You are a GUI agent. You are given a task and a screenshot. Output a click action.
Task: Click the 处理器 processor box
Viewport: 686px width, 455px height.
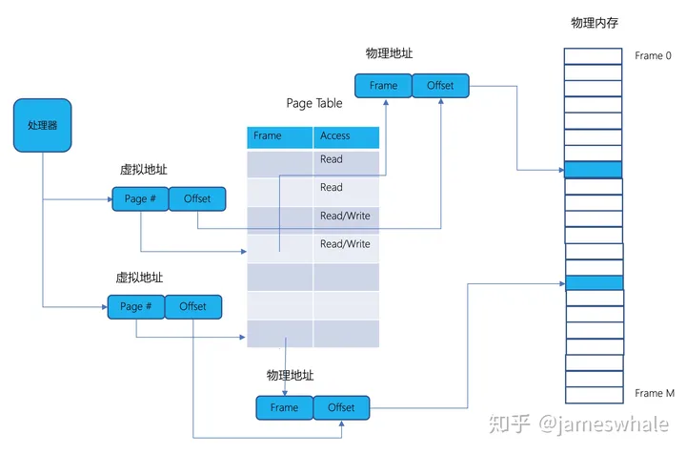coord(42,125)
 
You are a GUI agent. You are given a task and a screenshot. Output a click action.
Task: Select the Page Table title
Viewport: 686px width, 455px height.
coord(313,103)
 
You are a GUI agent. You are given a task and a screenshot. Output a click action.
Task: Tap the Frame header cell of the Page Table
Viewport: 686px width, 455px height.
coord(280,136)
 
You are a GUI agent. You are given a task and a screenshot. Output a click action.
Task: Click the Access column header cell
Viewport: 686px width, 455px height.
coord(346,136)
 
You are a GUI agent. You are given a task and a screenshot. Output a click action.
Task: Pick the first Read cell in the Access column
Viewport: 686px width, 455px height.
coord(346,160)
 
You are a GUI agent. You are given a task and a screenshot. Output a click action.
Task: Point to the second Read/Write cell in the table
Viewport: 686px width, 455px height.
coord(346,245)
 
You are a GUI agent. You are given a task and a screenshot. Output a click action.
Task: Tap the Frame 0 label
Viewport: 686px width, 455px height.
coord(655,56)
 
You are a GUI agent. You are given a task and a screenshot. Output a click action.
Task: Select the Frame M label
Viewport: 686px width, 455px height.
coord(655,393)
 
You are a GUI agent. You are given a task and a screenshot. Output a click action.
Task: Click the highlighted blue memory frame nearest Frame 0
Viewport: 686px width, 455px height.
coord(593,170)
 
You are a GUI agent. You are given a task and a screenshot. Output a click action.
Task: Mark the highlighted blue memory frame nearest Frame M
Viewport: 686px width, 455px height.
coord(594,282)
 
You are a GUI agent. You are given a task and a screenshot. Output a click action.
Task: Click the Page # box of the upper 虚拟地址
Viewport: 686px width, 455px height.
coord(141,198)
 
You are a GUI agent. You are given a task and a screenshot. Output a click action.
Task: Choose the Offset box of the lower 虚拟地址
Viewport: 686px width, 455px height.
coord(193,306)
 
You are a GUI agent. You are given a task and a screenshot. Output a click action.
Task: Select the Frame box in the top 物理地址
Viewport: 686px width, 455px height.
coord(383,86)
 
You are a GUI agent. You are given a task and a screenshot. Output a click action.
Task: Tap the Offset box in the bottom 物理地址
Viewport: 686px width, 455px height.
coord(341,407)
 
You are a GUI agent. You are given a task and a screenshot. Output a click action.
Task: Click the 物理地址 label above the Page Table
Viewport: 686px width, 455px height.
coord(389,52)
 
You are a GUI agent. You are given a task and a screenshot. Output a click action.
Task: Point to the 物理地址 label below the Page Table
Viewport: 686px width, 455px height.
coord(291,375)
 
